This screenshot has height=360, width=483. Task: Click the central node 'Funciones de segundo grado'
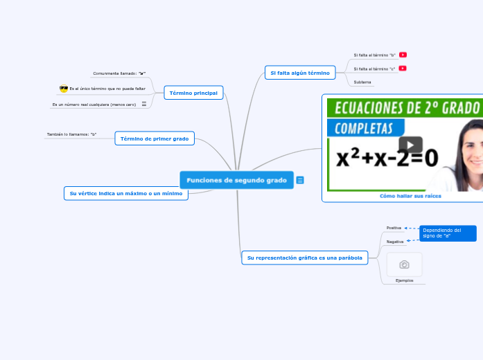point(236,180)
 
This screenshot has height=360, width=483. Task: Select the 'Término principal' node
point(193,93)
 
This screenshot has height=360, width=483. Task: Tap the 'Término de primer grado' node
point(155,138)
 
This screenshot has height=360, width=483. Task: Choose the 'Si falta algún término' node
point(300,73)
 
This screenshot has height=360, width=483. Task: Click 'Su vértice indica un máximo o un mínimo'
point(125,194)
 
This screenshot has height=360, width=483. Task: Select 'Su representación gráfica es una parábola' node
point(304,258)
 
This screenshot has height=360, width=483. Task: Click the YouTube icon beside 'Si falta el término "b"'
point(403,55)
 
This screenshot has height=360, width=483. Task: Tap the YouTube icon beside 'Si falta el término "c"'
point(403,69)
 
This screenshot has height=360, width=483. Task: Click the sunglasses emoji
point(64,89)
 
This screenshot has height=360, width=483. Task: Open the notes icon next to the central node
point(300,180)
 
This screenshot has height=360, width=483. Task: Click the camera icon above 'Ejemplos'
point(404,264)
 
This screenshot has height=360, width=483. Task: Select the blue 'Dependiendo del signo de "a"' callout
point(448,233)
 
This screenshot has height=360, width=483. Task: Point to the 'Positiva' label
point(394,228)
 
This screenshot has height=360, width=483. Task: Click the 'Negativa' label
point(395,242)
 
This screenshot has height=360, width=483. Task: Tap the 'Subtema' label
point(362,82)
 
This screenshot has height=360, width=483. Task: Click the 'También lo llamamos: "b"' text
point(71,134)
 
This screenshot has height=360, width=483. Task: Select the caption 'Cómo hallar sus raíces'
point(410,196)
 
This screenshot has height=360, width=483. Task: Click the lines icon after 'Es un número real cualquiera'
point(144,105)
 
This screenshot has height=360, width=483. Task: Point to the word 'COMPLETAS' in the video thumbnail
point(365,129)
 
